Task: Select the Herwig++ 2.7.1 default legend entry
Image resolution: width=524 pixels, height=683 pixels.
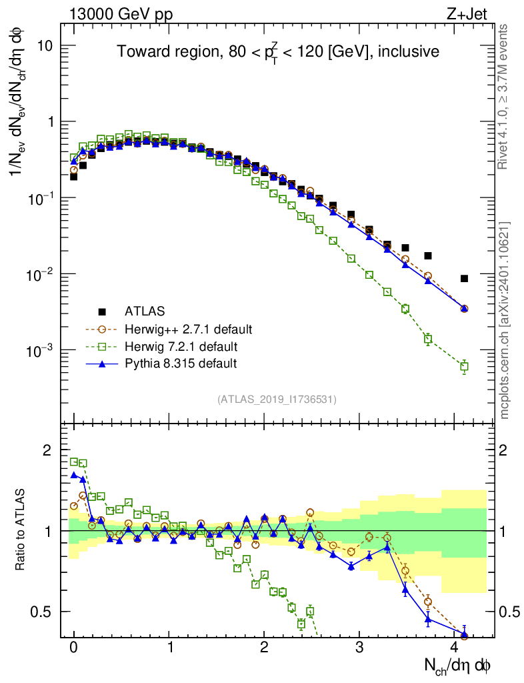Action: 189,329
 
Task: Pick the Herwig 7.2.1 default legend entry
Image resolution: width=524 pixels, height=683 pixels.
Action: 181,346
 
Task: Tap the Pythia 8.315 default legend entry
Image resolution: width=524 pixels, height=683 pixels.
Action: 181,364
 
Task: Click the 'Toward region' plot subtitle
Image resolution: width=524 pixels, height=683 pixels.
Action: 278,52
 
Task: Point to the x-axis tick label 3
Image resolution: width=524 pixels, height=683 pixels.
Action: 360,648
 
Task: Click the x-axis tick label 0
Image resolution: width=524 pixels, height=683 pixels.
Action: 74,648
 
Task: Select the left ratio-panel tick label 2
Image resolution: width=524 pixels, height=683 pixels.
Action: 47,450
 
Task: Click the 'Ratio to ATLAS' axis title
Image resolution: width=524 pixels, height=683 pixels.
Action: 21,531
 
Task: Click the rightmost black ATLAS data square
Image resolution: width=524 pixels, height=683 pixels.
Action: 464,278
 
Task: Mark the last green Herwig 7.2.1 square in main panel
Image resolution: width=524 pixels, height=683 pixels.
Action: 464,366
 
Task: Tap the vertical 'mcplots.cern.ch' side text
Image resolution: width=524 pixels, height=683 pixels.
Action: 505,320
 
